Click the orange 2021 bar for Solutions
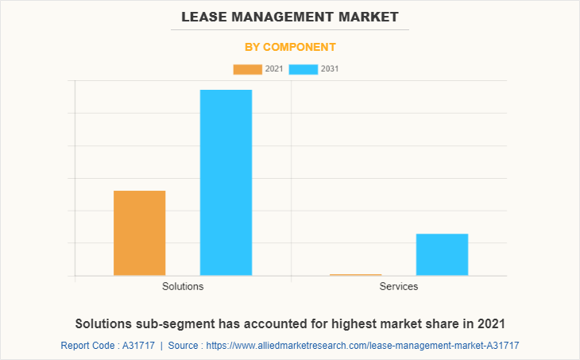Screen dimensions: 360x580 140,233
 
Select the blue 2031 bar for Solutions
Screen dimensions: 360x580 226,182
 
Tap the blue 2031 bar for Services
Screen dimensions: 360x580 442,254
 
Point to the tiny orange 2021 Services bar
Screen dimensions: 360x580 355,275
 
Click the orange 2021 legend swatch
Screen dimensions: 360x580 247,69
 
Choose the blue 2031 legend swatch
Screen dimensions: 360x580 304,69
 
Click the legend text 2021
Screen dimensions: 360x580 274,69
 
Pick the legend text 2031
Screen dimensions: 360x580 331,69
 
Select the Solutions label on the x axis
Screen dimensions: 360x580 183,286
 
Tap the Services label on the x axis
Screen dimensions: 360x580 399,286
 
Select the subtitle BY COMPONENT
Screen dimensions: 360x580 290,47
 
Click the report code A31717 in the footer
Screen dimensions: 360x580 137,346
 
